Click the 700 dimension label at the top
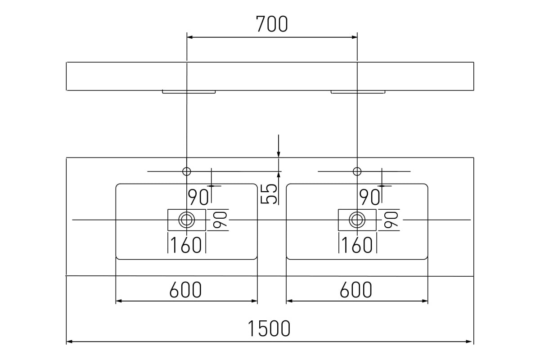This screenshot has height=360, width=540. pyautogui.click(x=272, y=24)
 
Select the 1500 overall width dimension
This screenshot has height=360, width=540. pyautogui.click(x=269, y=328)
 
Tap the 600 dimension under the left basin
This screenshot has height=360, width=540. pyautogui.click(x=185, y=290)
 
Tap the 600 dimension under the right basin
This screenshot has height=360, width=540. pyautogui.click(x=356, y=290)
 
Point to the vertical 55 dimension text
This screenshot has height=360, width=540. pyautogui.click(x=269, y=194)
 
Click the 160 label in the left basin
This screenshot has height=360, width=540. pyautogui.click(x=186, y=245)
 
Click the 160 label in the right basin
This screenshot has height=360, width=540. pyautogui.click(x=357, y=245)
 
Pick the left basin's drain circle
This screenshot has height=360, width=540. pyautogui.click(x=187, y=220)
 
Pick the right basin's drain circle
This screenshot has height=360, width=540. pyautogui.click(x=357, y=220)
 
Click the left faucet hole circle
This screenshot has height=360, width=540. pyautogui.click(x=187, y=171)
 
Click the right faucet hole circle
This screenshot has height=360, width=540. pyautogui.click(x=357, y=171)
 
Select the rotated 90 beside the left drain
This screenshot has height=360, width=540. pyautogui.click(x=220, y=220)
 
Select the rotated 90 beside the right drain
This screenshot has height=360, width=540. pyautogui.click(x=391, y=220)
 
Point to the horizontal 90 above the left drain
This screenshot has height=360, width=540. pyautogui.click(x=198, y=197)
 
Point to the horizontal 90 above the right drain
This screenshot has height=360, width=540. pyautogui.click(x=369, y=197)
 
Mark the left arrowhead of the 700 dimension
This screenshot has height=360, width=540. pyautogui.click(x=189, y=37)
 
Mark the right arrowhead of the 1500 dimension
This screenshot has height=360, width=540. pyautogui.click(x=469, y=342)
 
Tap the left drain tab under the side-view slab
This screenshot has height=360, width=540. pyautogui.click(x=189, y=92)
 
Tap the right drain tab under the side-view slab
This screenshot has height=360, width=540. pyautogui.click(x=358, y=92)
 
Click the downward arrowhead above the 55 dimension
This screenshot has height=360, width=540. pyautogui.click(x=279, y=154)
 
